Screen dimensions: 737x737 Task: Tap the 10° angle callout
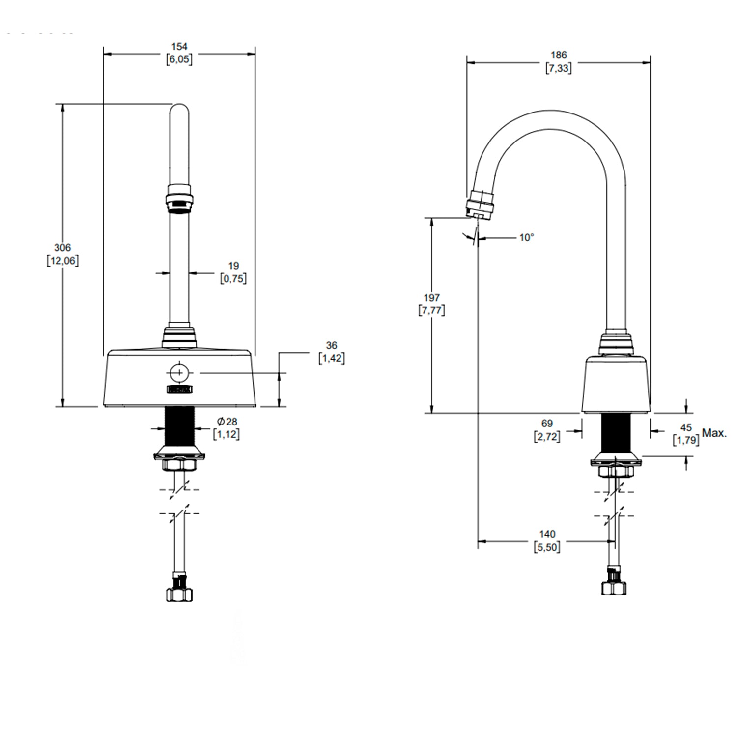click(526, 237)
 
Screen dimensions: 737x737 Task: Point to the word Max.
click(714, 433)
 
